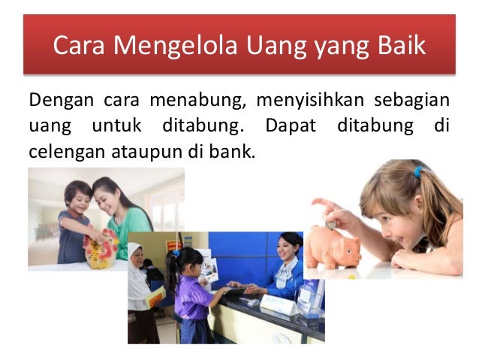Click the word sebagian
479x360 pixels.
tap(411, 101)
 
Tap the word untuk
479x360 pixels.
tap(119, 126)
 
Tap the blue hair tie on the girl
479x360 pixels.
tap(418, 172)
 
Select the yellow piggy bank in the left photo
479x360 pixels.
tap(101, 248)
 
